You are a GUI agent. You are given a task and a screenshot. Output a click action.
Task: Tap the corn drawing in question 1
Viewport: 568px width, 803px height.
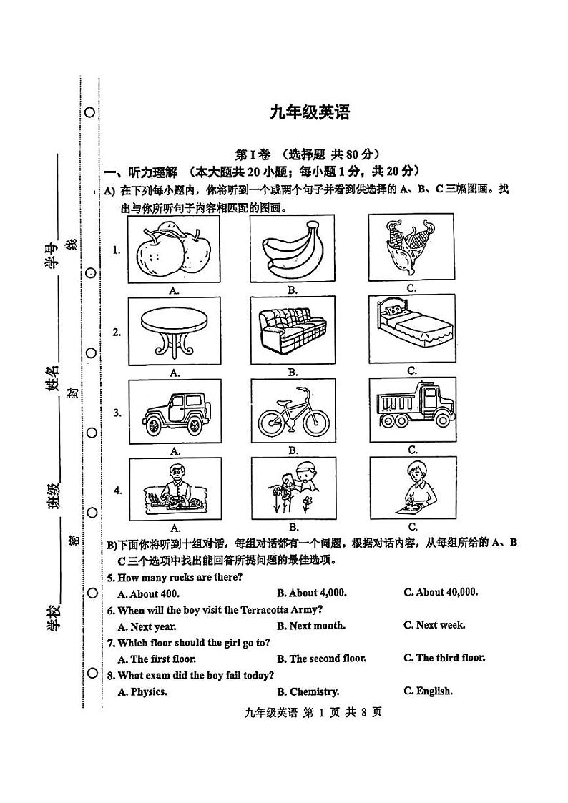[x=410, y=247]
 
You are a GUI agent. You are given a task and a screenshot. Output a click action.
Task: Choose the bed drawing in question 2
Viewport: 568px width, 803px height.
[x=411, y=328]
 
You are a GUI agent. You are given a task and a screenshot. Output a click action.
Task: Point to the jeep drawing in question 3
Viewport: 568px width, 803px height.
[x=174, y=411]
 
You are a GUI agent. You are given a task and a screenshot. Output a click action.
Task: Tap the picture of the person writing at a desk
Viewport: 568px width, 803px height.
[x=411, y=487]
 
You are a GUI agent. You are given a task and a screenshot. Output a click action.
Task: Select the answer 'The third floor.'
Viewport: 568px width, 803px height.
[x=444, y=658]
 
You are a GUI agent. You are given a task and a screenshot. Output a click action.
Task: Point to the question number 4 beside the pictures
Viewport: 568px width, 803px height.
[x=117, y=491]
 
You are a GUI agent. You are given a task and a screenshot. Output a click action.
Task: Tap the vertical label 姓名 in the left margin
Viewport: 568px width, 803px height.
[x=52, y=378]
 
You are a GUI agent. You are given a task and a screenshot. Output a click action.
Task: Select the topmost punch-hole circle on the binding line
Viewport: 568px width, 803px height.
[x=91, y=112]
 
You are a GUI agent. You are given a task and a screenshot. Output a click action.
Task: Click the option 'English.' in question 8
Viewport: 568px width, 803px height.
[x=428, y=691]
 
